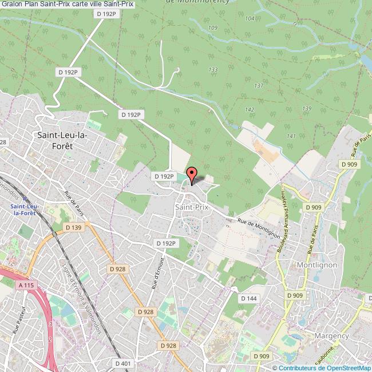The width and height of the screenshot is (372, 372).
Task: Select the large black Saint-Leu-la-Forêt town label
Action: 62,140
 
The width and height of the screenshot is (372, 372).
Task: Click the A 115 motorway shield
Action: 25,284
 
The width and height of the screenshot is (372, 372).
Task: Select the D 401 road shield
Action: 123,363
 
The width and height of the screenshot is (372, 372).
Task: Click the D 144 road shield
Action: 248,298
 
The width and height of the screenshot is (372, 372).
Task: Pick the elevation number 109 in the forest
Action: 213,27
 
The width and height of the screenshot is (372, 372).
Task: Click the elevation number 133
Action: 213,69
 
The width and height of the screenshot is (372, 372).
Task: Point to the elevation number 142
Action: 250,109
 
